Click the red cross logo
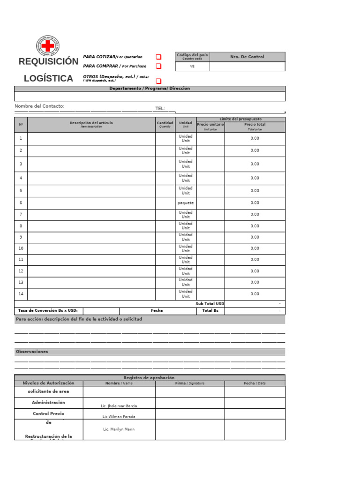[47, 46]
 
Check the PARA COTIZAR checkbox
[158, 57]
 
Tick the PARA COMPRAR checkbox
[158, 66]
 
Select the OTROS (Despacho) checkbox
[158, 81]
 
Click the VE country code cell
[192, 67]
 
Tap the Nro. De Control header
[247, 57]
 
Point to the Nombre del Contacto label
[39, 106]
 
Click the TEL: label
[160, 108]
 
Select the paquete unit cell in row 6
[186, 203]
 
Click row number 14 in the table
[21, 294]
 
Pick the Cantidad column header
[165, 124]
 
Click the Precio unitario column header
[210, 125]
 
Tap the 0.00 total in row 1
[255, 138]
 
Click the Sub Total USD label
[210, 304]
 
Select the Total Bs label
[210, 311]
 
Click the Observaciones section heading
[32, 352]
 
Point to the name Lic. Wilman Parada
[119, 416]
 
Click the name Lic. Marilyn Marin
[119, 429]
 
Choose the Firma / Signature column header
[190, 383]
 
